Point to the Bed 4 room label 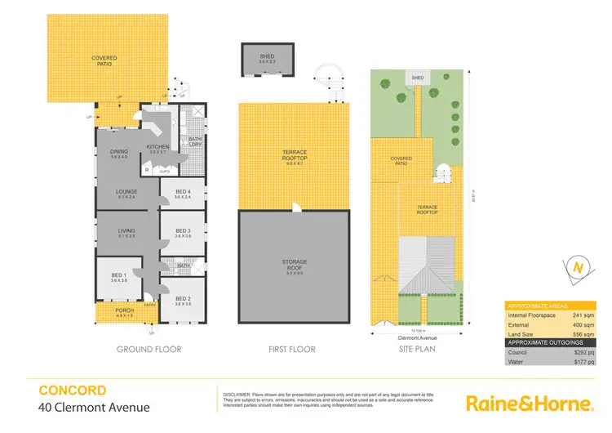[x=184, y=194]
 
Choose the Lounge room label [x=125, y=194]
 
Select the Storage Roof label [x=294, y=264]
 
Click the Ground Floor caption [x=149, y=349]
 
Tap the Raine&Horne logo [x=528, y=403]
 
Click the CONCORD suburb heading [x=72, y=390]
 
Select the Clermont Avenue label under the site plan [x=421, y=335]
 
